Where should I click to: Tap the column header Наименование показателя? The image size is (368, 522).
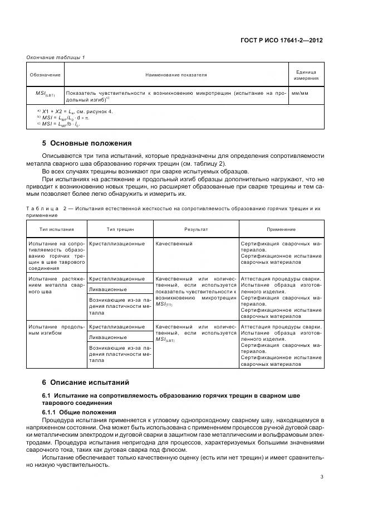click(x=176, y=74)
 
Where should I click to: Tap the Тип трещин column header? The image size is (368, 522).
click(x=119, y=229)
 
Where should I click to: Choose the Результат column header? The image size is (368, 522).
click(x=196, y=229)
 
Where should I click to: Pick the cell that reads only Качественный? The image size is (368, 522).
click(x=174, y=244)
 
